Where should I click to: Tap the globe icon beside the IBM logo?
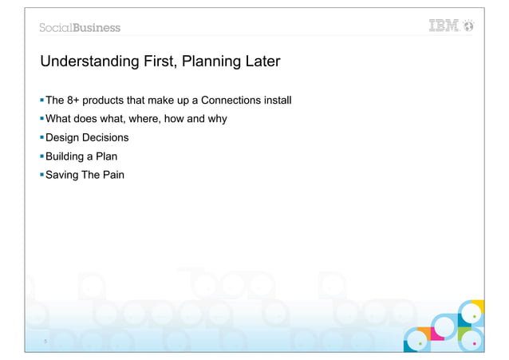[469, 26]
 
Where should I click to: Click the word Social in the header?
[57, 28]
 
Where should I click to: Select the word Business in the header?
[97, 28]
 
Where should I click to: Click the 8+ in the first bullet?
[77, 101]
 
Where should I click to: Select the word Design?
[64, 137]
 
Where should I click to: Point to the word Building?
[66, 156]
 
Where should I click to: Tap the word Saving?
[63, 174]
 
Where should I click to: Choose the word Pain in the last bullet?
[112, 174]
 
